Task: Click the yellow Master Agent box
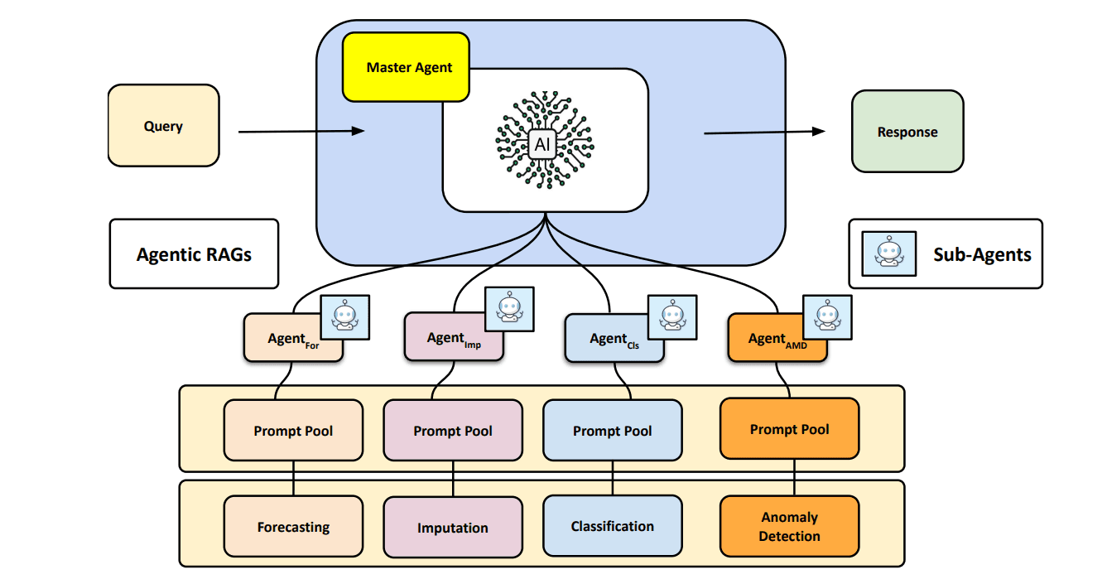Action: pos(406,67)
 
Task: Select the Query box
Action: pos(163,126)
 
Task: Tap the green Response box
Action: pos(907,132)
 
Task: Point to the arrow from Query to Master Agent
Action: pos(301,131)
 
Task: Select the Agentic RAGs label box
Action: pos(194,253)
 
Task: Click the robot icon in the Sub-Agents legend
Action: pos(889,253)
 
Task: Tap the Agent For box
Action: pos(286,340)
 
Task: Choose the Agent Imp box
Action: pos(446,340)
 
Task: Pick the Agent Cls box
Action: pos(608,340)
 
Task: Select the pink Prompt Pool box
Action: pos(453,431)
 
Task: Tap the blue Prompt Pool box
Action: pos(613,431)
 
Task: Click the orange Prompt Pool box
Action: pos(789,429)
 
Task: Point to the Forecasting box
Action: pos(293,527)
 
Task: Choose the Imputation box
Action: pos(453,528)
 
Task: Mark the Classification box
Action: pos(613,526)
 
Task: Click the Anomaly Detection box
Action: pos(789,527)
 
